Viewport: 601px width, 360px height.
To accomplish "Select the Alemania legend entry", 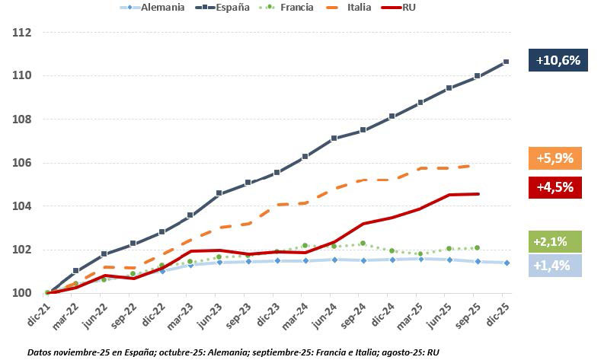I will tap(152, 8).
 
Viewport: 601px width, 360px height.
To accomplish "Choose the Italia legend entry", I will tap(355, 8).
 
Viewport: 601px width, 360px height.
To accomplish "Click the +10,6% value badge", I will tap(558, 60).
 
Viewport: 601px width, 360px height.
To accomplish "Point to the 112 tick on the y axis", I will tap(21, 33).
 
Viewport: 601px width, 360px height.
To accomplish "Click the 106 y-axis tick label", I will tap(21, 163).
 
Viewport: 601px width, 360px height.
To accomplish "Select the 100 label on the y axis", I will tap(21, 293).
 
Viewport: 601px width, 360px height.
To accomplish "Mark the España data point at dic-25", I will tap(506, 62).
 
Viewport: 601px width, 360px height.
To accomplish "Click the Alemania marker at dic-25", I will tap(506, 263).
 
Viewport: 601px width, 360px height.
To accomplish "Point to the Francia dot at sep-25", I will tap(478, 247).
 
